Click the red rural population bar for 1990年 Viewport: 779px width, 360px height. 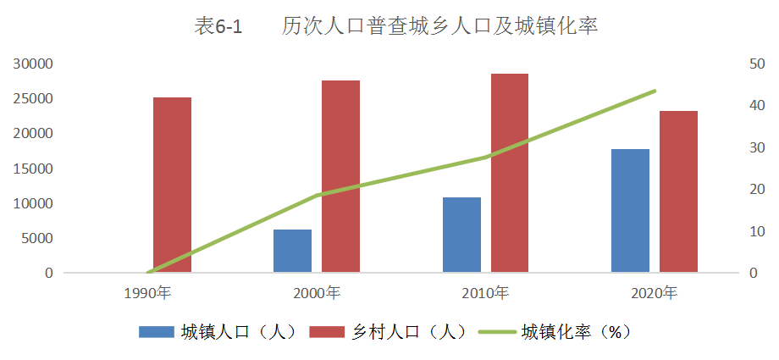point(172,185)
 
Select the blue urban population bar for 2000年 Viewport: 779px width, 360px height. point(292,251)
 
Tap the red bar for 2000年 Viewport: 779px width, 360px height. point(340,176)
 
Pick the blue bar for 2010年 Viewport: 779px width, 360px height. point(461,235)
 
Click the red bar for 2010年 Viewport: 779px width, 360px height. point(510,173)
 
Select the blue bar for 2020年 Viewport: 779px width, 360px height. point(630,211)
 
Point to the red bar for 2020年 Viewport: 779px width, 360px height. point(678,191)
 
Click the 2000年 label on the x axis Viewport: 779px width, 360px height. point(317,294)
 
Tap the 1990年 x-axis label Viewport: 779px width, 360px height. point(147,294)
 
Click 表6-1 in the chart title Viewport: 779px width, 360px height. point(218,27)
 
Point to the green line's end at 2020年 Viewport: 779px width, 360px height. point(654,91)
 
